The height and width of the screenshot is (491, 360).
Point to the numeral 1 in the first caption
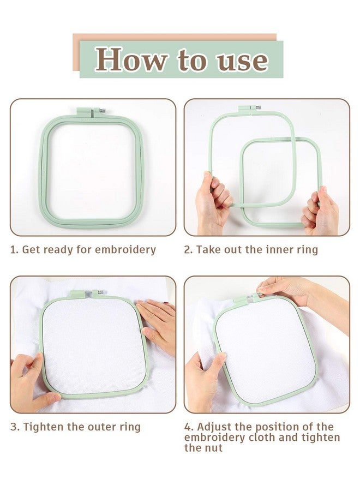[x=14, y=250]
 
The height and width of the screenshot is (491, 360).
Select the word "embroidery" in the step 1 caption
[x=125, y=250]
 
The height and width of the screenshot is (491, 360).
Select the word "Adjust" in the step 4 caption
[x=215, y=427]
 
